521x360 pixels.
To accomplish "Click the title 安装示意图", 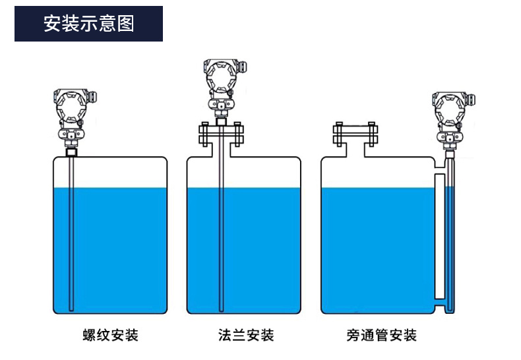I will pyautogui.click(x=88, y=24).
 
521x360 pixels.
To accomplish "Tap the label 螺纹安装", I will pyautogui.click(x=110, y=335).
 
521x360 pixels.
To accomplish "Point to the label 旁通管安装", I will pyautogui.click(x=382, y=335).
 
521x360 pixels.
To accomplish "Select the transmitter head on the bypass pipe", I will pyautogui.click(x=450, y=109).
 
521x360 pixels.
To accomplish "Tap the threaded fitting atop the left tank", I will pyautogui.click(x=71, y=152).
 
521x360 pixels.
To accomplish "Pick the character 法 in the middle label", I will pyautogui.click(x=225, y=335).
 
